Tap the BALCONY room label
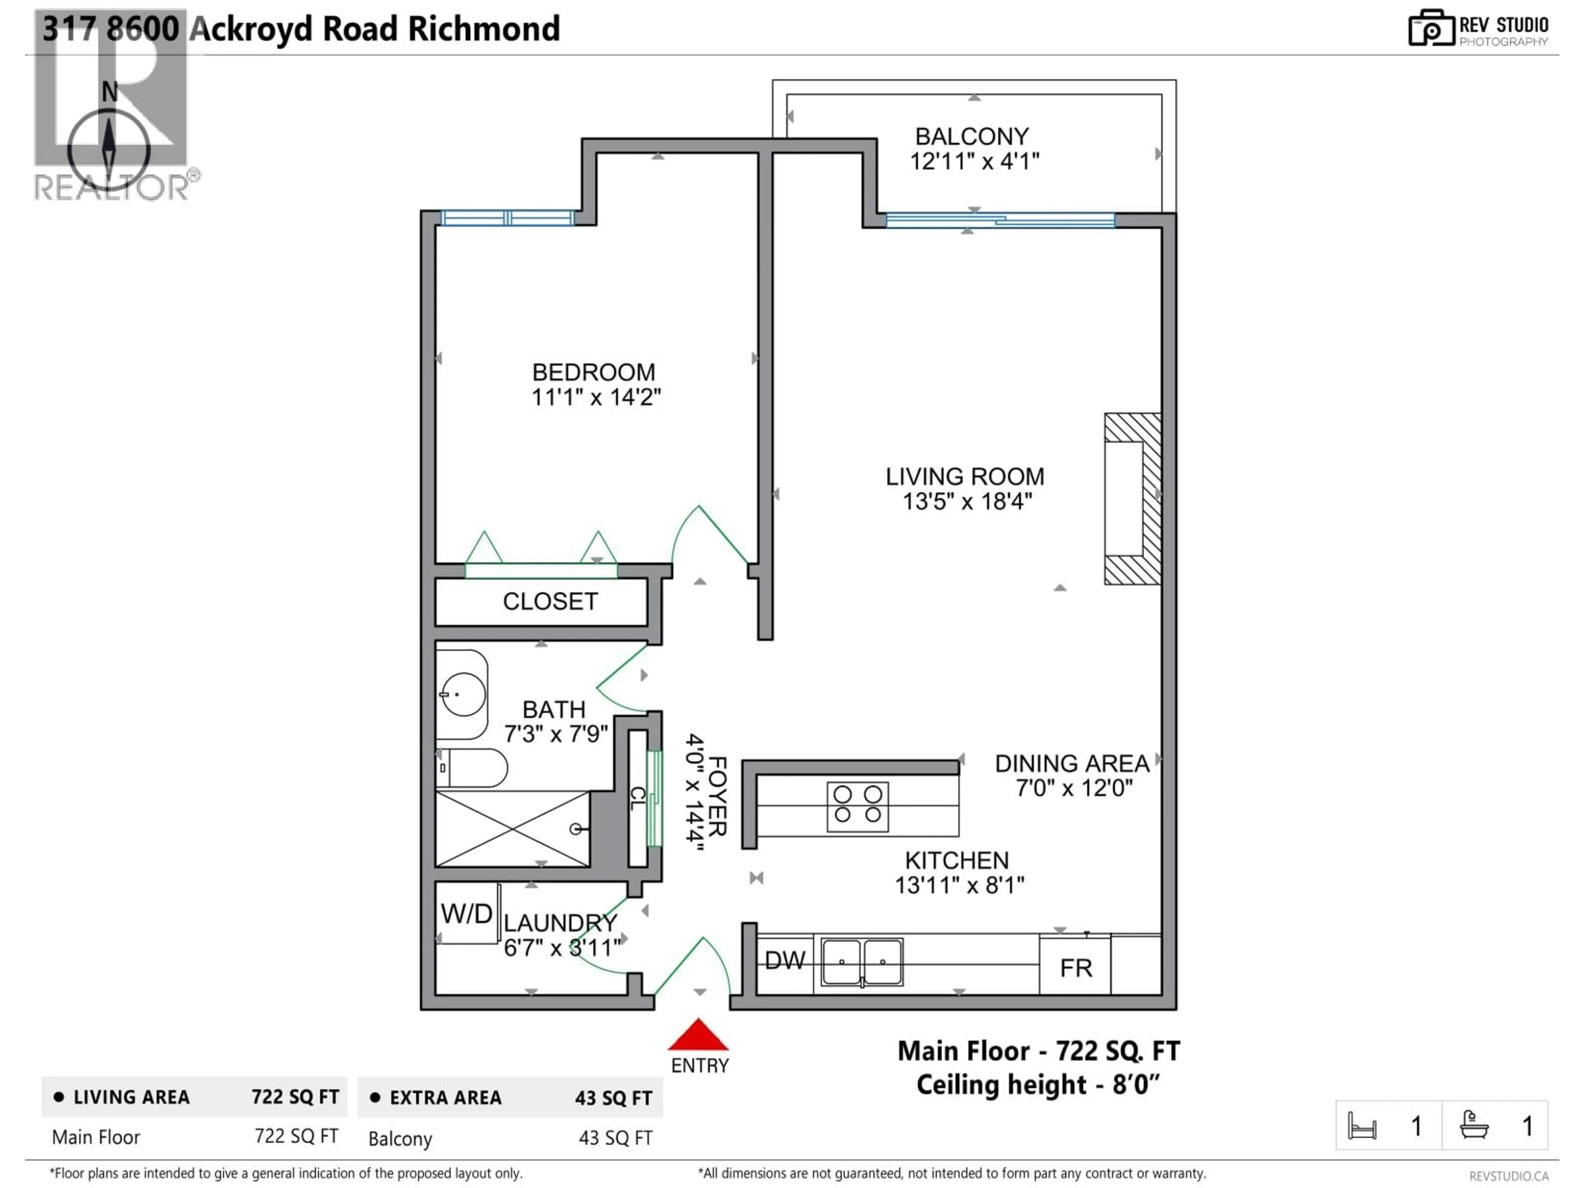click(972, 136)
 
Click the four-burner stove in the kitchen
click(857, 806)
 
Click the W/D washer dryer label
click(466, 914)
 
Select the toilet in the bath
click(473, 768)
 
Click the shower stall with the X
click(512, 829)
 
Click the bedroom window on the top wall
click(507, 218)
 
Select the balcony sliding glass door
click(999, 220)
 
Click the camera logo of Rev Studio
click(1431, 28)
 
